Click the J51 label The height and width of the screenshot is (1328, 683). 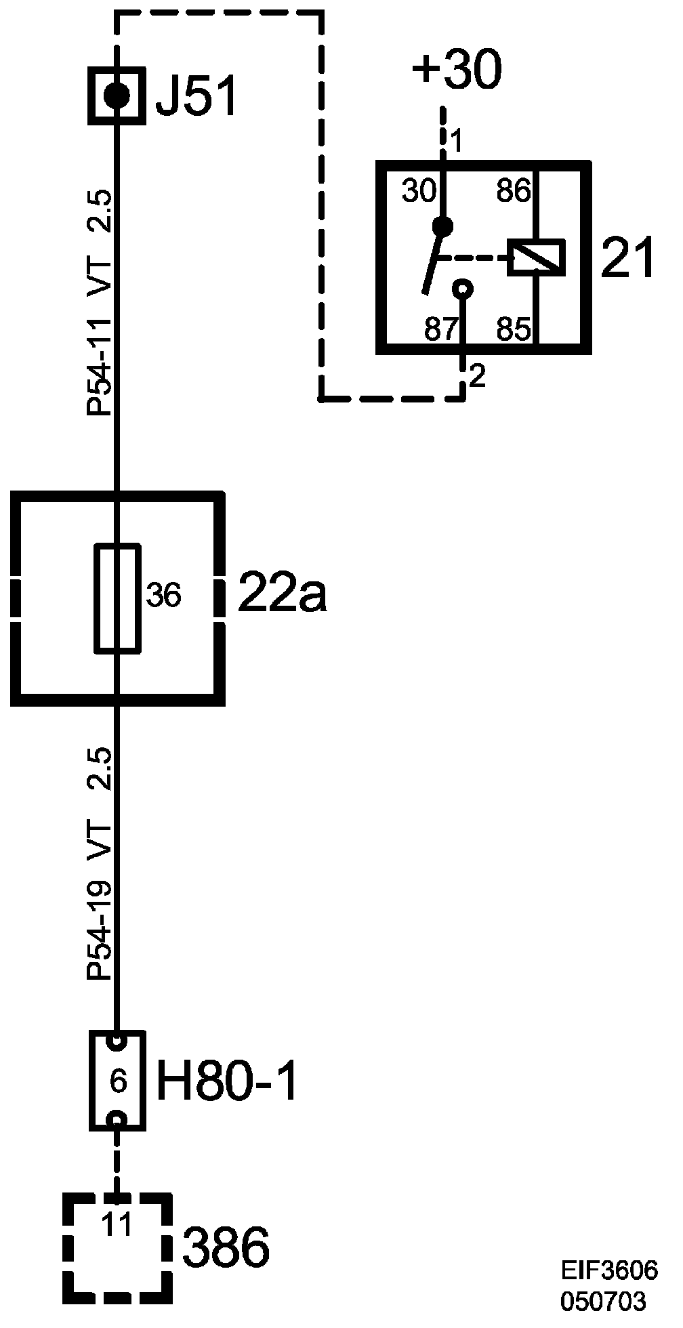196,97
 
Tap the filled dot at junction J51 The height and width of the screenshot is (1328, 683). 117,96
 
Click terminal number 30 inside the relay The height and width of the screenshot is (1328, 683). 419,192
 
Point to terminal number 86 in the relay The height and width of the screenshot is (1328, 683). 513,192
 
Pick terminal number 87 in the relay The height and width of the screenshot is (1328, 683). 441,330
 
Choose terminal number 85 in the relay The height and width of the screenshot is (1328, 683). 514,330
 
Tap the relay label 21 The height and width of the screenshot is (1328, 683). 627,259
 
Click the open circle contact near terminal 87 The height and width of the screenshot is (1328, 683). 463,289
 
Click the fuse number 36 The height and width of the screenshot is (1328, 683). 163,596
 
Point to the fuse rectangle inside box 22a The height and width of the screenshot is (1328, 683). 118,598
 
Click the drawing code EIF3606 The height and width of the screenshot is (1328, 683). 608,1270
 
